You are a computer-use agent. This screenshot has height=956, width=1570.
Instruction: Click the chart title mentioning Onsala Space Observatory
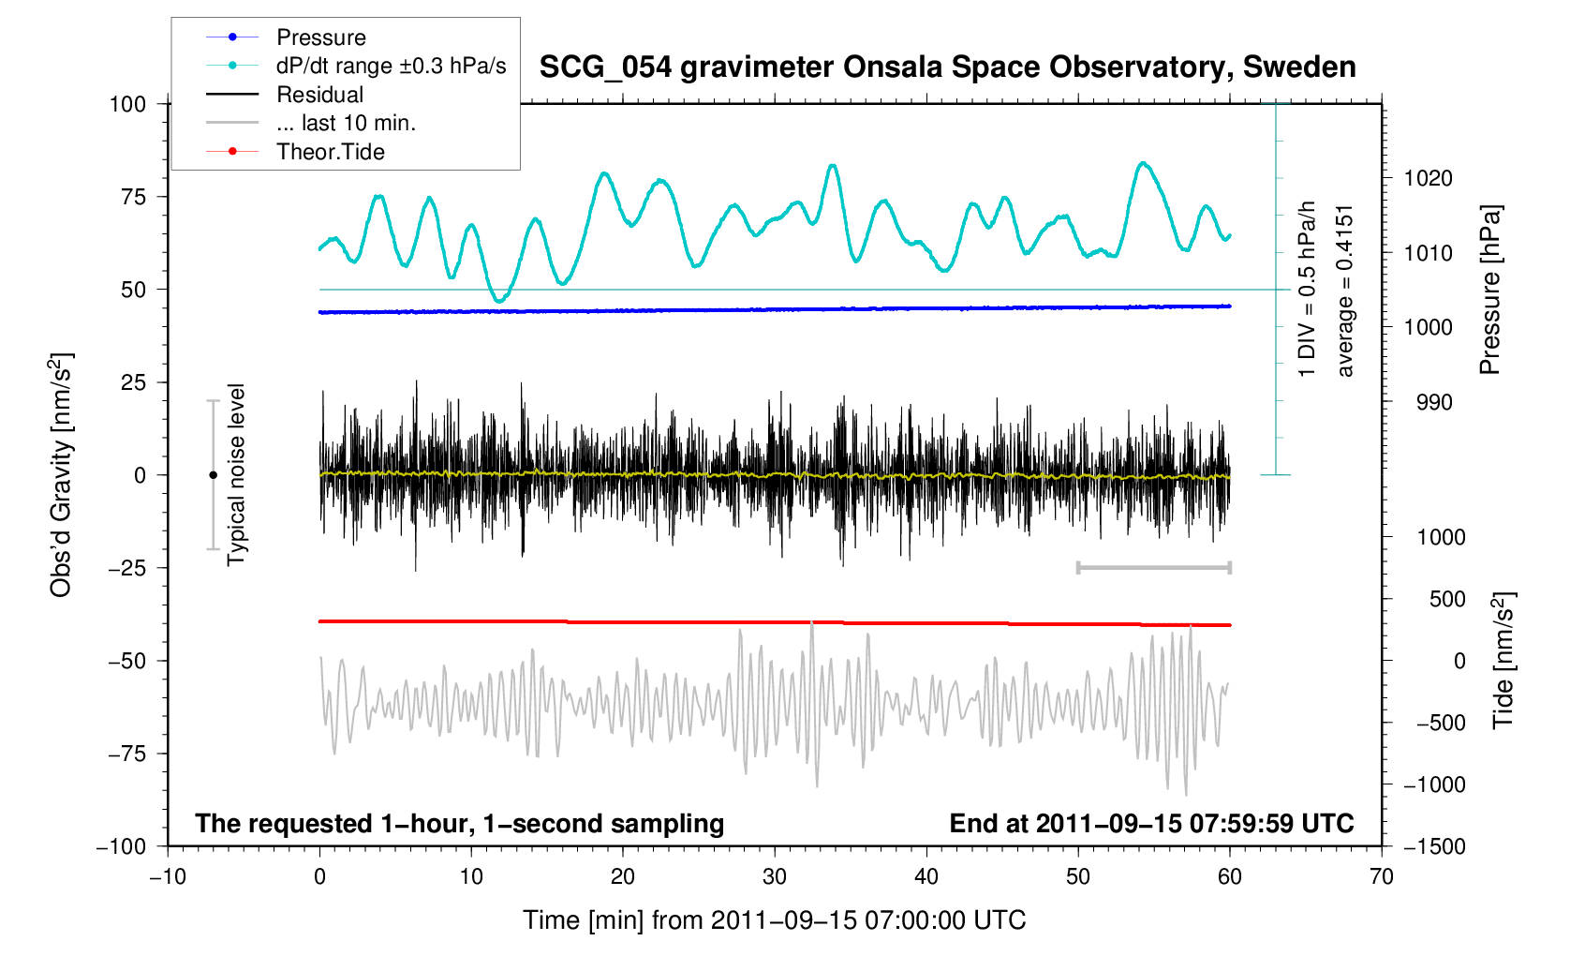(947, 67)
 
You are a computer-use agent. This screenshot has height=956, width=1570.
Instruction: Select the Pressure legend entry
(320, 37)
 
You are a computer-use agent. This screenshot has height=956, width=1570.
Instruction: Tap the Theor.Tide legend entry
(330, 152)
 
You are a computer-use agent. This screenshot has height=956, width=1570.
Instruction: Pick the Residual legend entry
(319, 95)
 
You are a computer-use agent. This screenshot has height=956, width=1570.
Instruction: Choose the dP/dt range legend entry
(391, 66)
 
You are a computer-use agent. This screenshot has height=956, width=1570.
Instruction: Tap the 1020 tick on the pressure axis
(1428, 178)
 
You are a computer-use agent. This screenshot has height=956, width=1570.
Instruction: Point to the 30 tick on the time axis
(775, 877)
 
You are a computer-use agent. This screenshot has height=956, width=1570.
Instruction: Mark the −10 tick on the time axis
(168, 877)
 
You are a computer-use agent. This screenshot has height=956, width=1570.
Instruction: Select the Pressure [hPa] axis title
(1489, 291)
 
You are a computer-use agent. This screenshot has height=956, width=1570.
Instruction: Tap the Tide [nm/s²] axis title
(1503, 660)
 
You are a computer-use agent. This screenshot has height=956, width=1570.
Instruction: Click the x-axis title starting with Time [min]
(775, 920)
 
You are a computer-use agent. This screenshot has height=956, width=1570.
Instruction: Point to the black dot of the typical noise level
(213, 475)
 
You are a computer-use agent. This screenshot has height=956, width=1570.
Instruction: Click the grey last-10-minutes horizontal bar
(1153, 567)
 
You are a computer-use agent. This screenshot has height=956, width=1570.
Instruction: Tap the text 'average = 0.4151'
(1345, 291)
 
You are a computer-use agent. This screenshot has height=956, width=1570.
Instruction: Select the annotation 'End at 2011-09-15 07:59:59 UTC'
(1151, 824)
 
